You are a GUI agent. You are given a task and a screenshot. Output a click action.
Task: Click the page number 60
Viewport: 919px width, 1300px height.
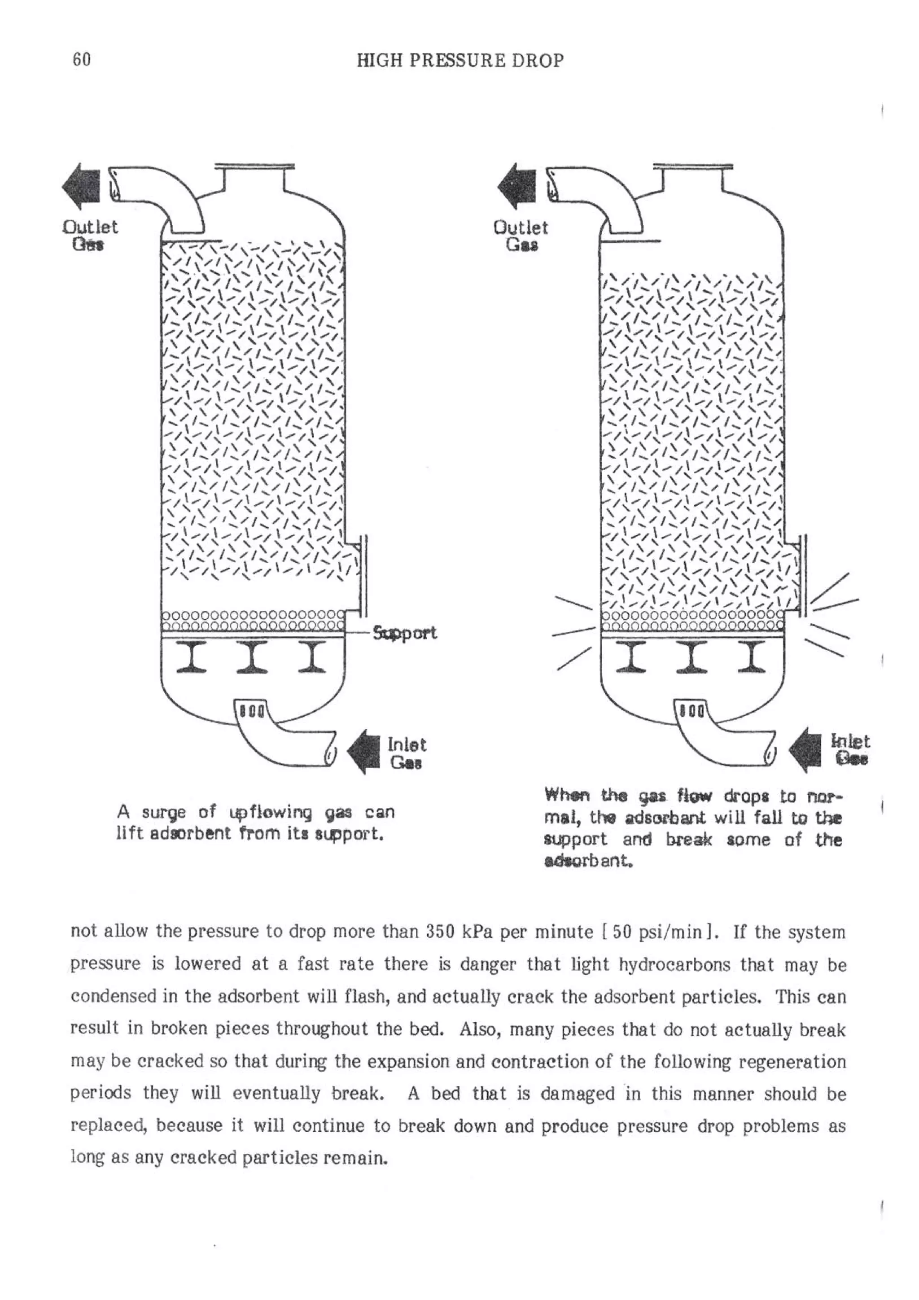(82, 60)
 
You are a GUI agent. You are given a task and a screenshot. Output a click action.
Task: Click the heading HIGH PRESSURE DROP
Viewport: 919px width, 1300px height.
(460, 61)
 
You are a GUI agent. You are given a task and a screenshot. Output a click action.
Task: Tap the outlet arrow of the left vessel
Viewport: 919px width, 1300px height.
(81, 187)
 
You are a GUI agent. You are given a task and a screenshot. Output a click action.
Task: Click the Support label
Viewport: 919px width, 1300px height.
(404, 633)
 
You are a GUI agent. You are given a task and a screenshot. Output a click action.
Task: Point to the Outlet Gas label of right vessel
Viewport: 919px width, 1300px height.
(521, 236)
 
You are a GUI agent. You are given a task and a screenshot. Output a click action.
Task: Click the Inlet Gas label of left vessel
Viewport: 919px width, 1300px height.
(406, 753)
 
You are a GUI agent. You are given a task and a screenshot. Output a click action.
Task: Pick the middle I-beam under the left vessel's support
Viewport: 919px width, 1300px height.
(252, 657)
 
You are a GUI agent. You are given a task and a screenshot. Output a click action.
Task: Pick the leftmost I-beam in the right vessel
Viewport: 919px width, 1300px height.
(630, 657)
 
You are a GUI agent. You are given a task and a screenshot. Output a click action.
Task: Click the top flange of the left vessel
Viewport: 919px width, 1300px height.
(254, 166)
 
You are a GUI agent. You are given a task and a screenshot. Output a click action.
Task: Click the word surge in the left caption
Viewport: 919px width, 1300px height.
(164, 814)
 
